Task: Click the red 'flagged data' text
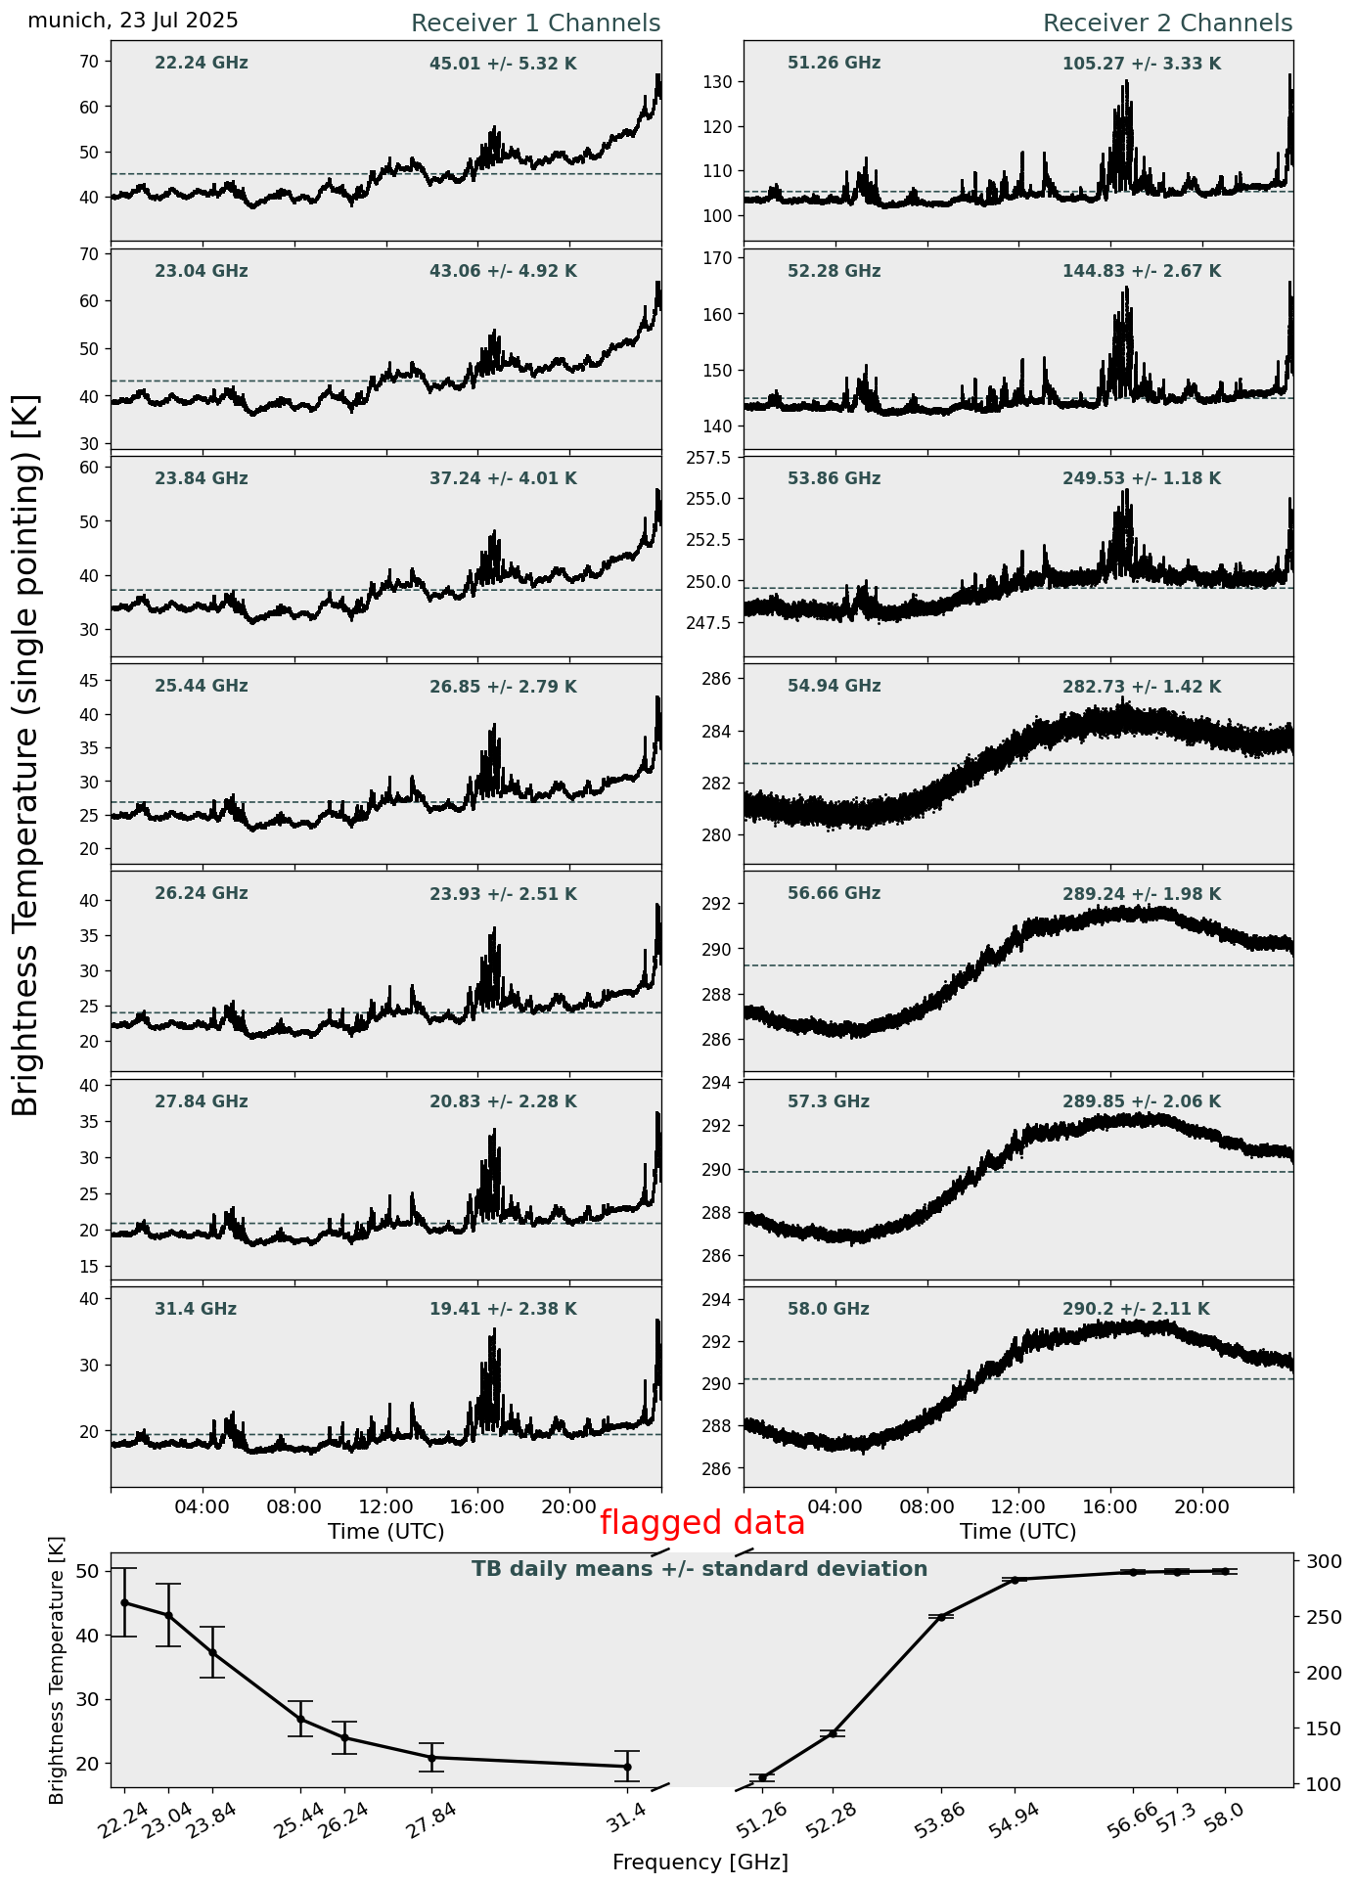(x=701, y=1523)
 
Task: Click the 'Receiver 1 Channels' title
(x=535, y=23)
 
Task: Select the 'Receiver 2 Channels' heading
(x=1167, y=23)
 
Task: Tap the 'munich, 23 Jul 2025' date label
(x=133, y=21)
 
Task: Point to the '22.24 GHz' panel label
(x=202, y=64)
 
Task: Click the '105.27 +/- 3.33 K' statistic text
(x=1142, y=65)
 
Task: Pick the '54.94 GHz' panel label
(x=834, y=687)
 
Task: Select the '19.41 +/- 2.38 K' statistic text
(x=503, y=1309)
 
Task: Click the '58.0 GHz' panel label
(x=828, y=1309)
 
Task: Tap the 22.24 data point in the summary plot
(x=124, y=1602)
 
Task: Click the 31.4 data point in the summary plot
(x=627, y=1767)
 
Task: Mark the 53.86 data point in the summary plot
(x=941, y=1617)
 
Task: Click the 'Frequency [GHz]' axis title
(x=700, y=1862)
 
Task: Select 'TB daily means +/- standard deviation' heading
(x=700, y=1569)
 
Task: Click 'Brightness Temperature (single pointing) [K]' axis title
(x=26, y=754)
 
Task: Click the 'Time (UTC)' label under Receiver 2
(x=1017, y=1531)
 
